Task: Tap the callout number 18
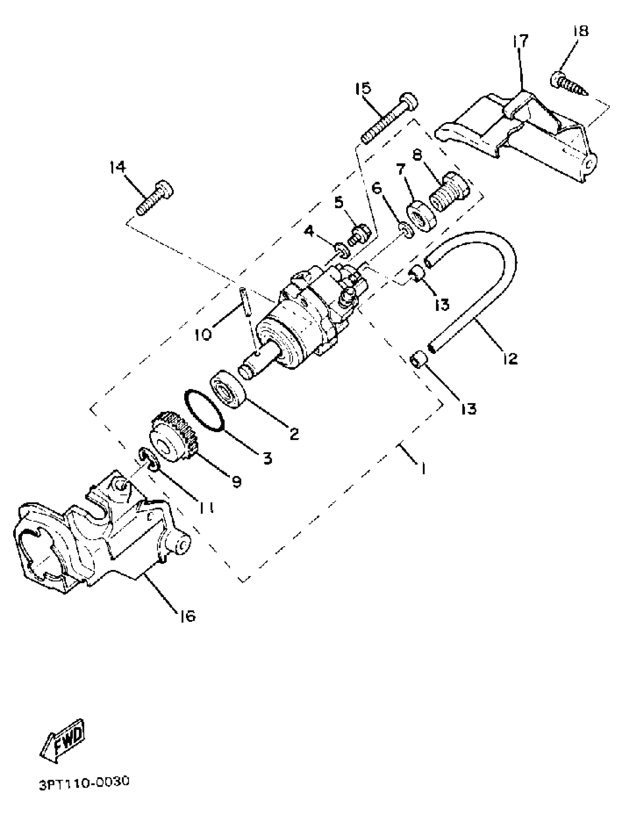tap(581, 31)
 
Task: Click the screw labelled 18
tap(568, 84)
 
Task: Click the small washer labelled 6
tap(407, 231)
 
